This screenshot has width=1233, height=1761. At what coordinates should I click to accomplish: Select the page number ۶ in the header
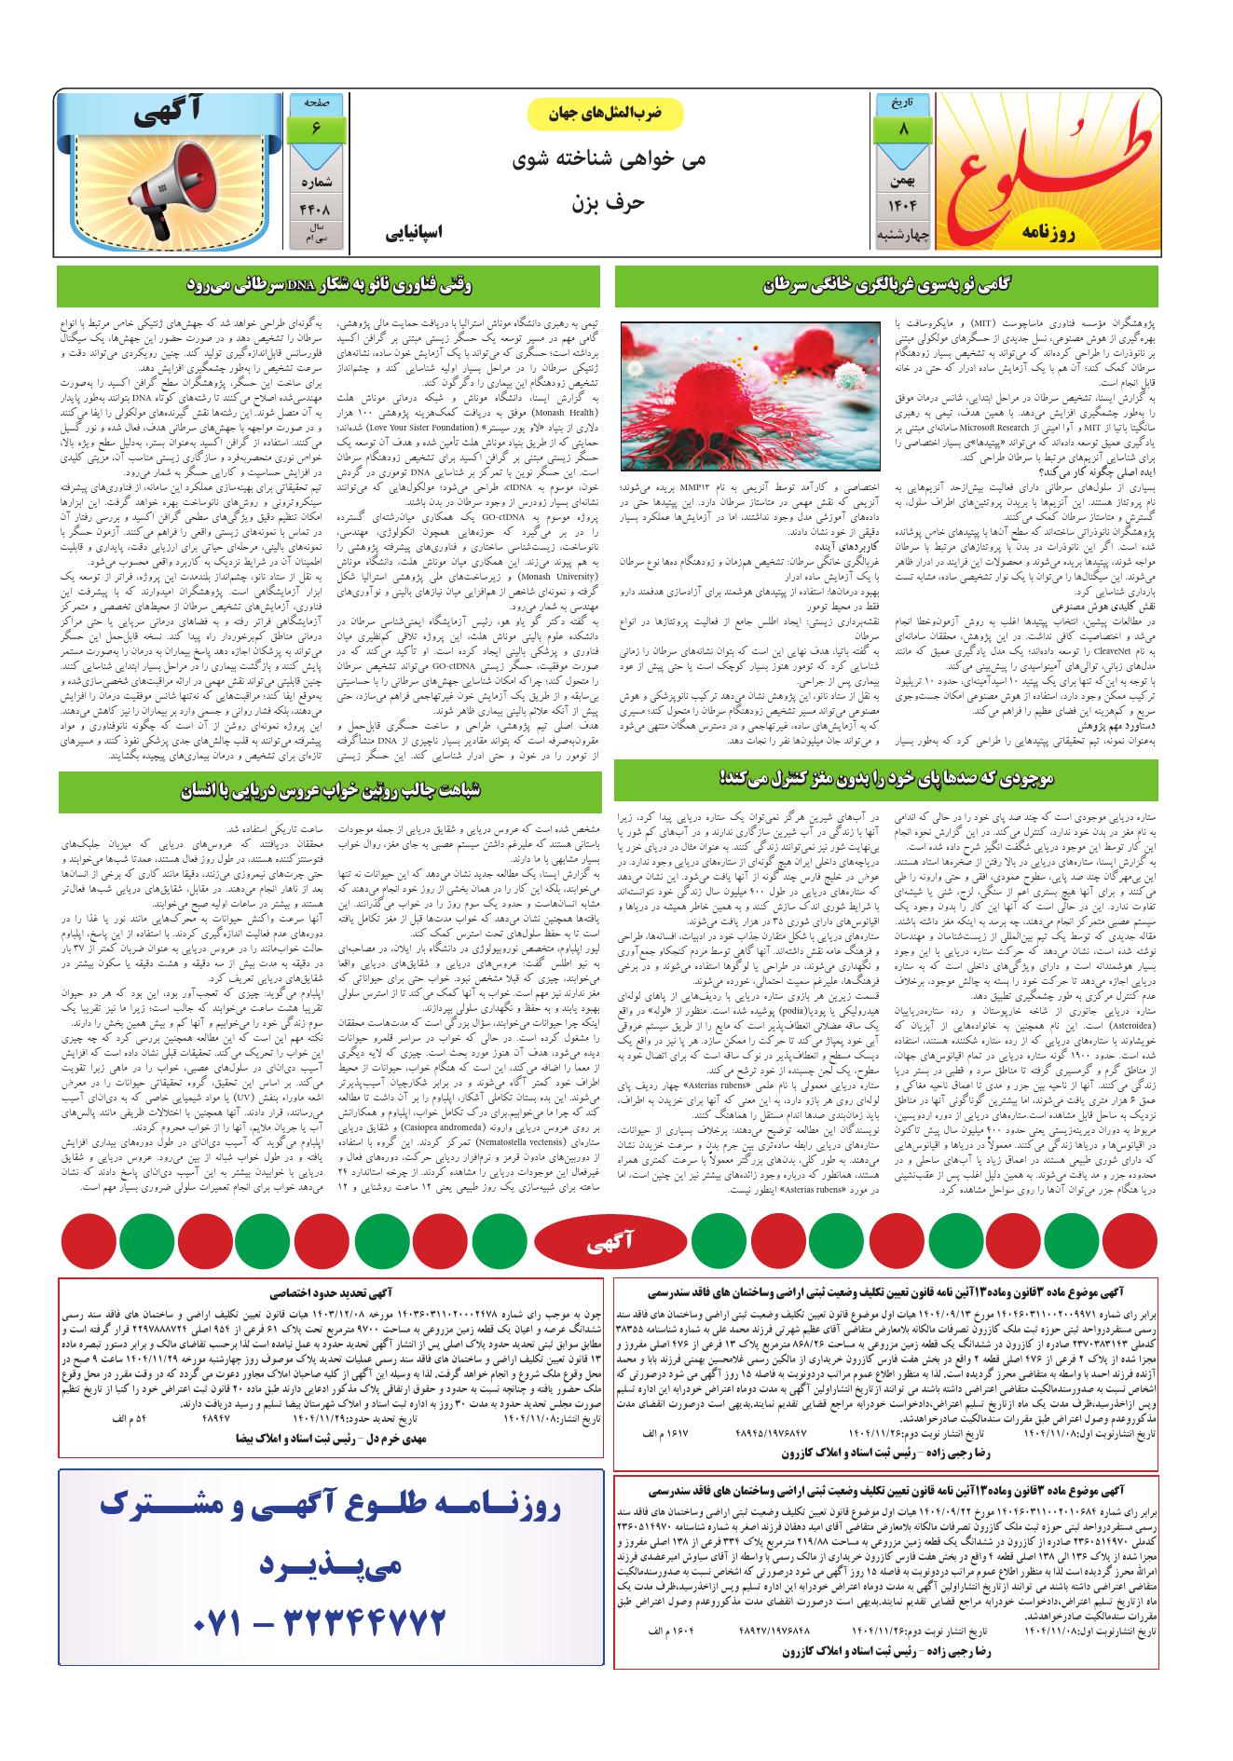[x=316, y=129]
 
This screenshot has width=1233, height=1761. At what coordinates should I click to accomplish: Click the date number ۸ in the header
[x=902, y=130]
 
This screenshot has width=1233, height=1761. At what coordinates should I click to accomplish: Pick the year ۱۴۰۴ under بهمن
[x=901, y=204]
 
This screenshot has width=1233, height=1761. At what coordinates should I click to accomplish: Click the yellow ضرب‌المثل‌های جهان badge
[x=607, y=114]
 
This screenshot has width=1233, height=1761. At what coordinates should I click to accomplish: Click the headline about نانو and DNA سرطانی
[x=330, y=286]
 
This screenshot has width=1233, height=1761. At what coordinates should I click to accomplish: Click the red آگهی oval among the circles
[x=615, y=1241]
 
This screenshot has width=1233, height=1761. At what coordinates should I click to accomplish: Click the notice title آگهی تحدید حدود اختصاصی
[x=330, y=1292]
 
